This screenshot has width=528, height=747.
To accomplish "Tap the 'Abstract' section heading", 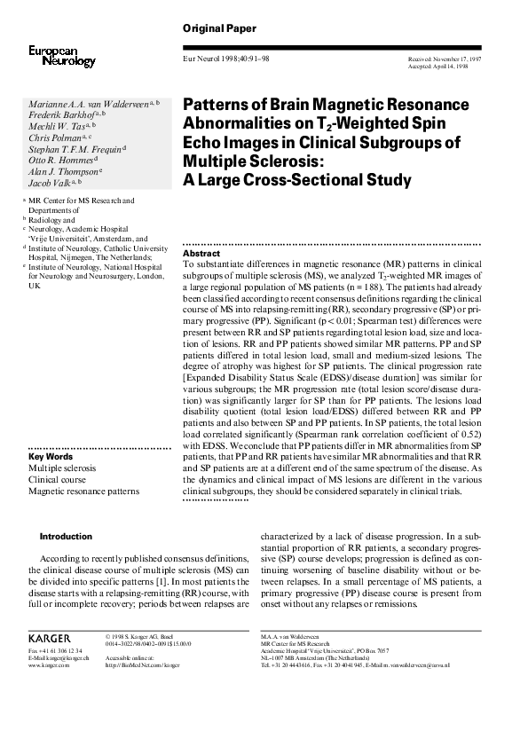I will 198,254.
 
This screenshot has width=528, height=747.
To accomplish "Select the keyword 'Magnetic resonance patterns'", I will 83,491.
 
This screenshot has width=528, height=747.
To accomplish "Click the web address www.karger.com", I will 48,664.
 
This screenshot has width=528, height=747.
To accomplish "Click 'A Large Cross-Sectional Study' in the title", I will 297,181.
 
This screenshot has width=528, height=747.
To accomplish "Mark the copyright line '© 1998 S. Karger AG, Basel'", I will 146,636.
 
